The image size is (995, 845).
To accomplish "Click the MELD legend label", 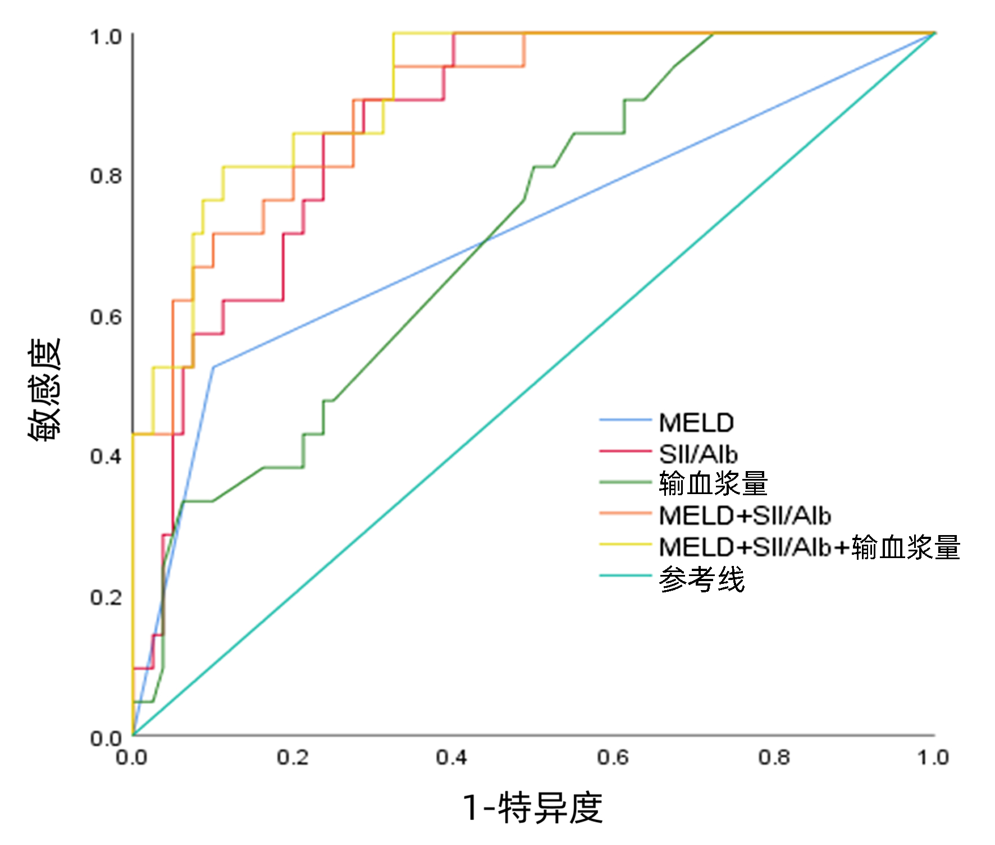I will tap(696, 423).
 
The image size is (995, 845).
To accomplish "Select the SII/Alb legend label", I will tap(698, 454).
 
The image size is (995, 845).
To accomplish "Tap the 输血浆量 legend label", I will tap(713, 483).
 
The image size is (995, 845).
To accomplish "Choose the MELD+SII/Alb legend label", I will tap(745, 515).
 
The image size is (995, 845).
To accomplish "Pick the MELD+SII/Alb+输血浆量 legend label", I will tap(809, 547).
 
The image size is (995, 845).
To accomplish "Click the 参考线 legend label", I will tap(702, 579).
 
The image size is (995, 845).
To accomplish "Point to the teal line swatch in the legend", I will tap(625, 575).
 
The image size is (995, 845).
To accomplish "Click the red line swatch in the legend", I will tap(625, 450).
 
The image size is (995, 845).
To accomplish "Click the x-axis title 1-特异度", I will tap(533, 808).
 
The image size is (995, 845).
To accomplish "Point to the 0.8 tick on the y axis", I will tap(106, 176).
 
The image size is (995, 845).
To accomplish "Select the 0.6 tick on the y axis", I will tap(106, 317).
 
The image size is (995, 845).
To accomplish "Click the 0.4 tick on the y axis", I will tap(106, 456).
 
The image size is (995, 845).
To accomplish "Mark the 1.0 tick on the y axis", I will tap(106, 37).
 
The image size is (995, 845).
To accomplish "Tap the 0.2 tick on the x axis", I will tap(293, 758).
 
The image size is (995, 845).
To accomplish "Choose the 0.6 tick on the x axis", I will tap(613, 758).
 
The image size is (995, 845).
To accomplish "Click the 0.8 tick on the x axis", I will tap(774, 758).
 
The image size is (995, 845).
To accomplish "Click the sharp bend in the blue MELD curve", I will tap(213, 367).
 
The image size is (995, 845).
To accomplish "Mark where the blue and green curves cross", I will tap(484, 241).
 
